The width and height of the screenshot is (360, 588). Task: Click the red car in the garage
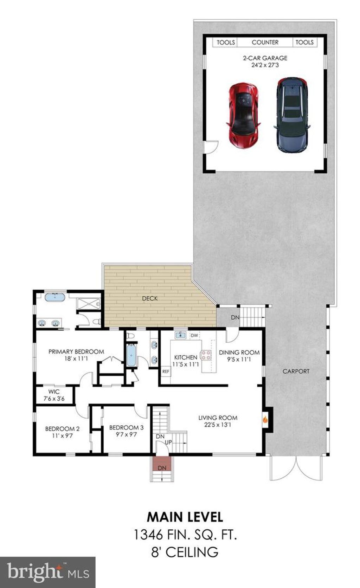click(x=244, y=116)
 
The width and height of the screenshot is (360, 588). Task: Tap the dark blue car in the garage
click(x=292, y=115)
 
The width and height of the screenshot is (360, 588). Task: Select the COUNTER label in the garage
click(x=265, y=42)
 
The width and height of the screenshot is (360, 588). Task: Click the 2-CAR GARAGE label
click(x=265, y=58)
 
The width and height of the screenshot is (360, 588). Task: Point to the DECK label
click(x=150, y=298)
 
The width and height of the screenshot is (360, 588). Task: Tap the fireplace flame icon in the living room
click(x=265, y=420)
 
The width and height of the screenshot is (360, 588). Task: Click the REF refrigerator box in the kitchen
click(x=166, y=371)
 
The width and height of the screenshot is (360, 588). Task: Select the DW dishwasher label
click(x=194, y=335)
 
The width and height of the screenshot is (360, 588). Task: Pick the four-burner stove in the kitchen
click(x=206, y=355)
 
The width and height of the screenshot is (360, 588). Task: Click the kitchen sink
click(x=181, y=335)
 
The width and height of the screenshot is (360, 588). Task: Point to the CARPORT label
click(x=296, y=371)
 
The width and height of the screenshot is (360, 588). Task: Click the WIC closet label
click(x=54, y=392)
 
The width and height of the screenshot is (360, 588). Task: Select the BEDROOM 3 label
click(x=126, y=428)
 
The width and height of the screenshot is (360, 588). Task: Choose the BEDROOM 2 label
click(x=62, y=429)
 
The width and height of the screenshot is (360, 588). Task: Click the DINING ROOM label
click(x=239, y=353)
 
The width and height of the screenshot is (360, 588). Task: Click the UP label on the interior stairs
click(x=168, y=442)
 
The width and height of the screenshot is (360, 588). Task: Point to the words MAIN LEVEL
click(x=185, y=517)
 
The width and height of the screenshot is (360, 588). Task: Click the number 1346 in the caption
click(x=148, y=535)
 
